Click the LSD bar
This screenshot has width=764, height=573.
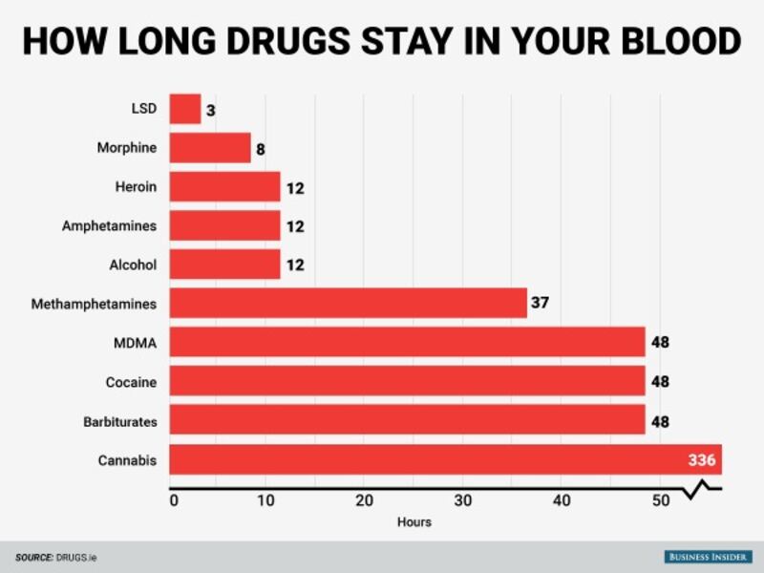point(185,109)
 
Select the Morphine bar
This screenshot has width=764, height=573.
point(210,148)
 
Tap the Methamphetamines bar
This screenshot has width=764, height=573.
point(348,304)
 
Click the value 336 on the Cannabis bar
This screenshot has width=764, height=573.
point(701,460)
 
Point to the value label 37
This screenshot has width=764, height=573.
point(540,304)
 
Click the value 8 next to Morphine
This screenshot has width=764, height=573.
point(259,148)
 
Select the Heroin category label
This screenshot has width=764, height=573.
point(138,187)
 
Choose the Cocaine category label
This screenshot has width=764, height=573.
point(131,382)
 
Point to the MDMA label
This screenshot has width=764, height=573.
point(136,343)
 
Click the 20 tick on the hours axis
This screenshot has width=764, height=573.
point(364,500)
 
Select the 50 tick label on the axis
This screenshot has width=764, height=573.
point(659,500)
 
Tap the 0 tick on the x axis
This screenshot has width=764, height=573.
point(174,500)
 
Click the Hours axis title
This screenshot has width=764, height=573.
point(414,522)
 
